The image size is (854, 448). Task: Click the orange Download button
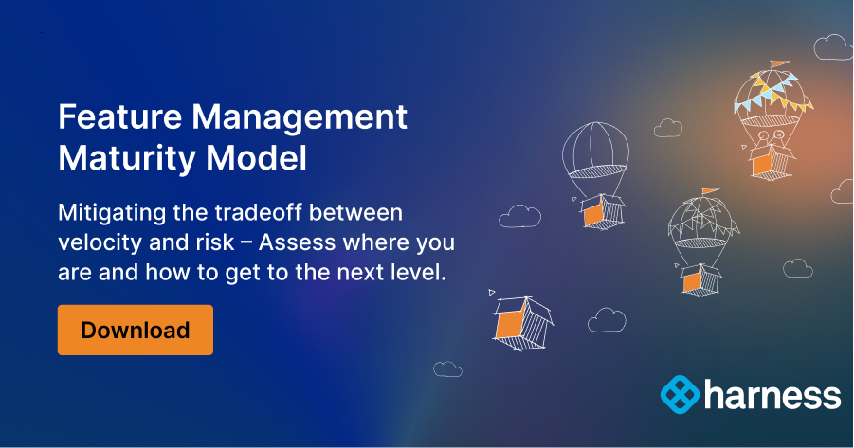click(135, 330)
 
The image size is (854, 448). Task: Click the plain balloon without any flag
click(595, 152)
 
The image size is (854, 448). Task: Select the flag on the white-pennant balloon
click(709, 192)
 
